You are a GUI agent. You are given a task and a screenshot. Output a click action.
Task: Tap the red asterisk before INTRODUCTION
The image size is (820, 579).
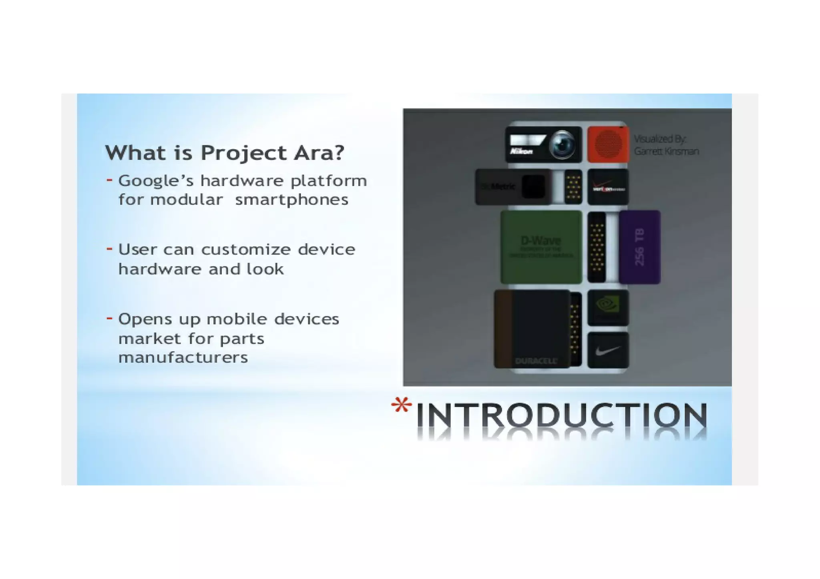coord(401,406)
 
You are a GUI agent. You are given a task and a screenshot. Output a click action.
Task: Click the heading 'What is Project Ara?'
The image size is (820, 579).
coord(224,153)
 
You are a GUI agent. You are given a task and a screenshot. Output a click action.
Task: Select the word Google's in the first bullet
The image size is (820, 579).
coord(156,181)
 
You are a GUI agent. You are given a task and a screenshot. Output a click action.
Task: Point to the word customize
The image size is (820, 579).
coord(246,250)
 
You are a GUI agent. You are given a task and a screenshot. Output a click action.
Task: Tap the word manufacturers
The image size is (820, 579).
coord(183,357)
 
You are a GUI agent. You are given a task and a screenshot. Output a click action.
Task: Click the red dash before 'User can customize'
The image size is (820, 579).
coord(109,249)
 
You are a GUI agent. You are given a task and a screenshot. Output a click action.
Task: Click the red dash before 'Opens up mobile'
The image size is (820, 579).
coord(109,318)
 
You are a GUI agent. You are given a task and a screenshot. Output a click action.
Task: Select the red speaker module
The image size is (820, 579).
coord(608,145)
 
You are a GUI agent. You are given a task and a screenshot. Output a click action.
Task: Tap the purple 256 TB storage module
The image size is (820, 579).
coord(639,247)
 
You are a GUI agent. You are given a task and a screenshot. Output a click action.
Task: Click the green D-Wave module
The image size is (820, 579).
coord(541,247)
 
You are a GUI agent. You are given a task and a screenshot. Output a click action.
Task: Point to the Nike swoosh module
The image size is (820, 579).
coord(608,351)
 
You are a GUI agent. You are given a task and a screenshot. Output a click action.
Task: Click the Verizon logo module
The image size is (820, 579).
coord(608,187)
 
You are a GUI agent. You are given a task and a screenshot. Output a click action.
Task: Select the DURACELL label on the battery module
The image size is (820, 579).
coord(536,361)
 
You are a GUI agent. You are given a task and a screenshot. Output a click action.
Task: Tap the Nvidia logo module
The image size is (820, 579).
coord(608,307)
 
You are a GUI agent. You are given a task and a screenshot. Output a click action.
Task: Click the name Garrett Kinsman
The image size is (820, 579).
coord(666,152)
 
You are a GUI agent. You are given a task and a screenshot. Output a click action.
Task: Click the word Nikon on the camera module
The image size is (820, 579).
coord(521,152)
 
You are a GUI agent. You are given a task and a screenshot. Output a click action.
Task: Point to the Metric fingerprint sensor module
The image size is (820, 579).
coord(512,187)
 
